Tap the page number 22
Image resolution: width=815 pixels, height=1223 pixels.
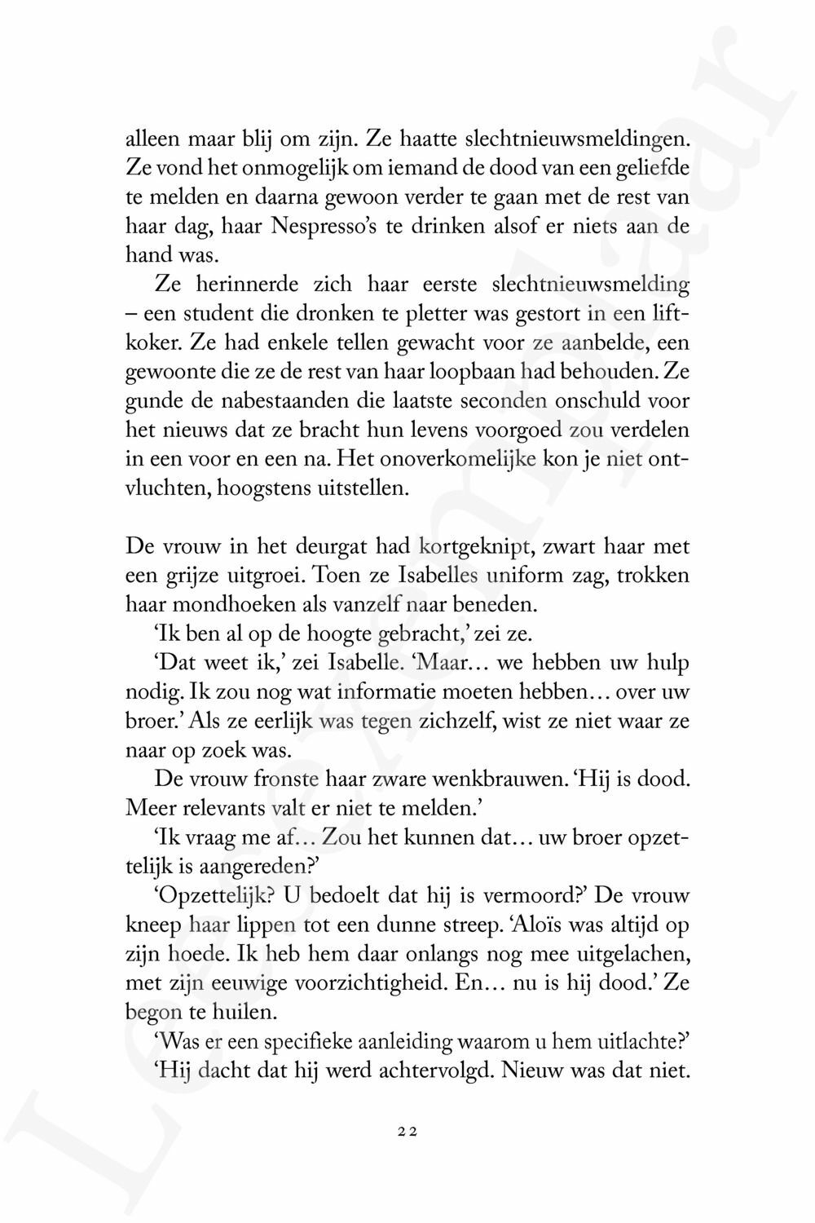point(407,1131)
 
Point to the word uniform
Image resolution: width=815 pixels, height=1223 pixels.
point(525,575)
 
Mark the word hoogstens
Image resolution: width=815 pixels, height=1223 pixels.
point(247,489)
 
